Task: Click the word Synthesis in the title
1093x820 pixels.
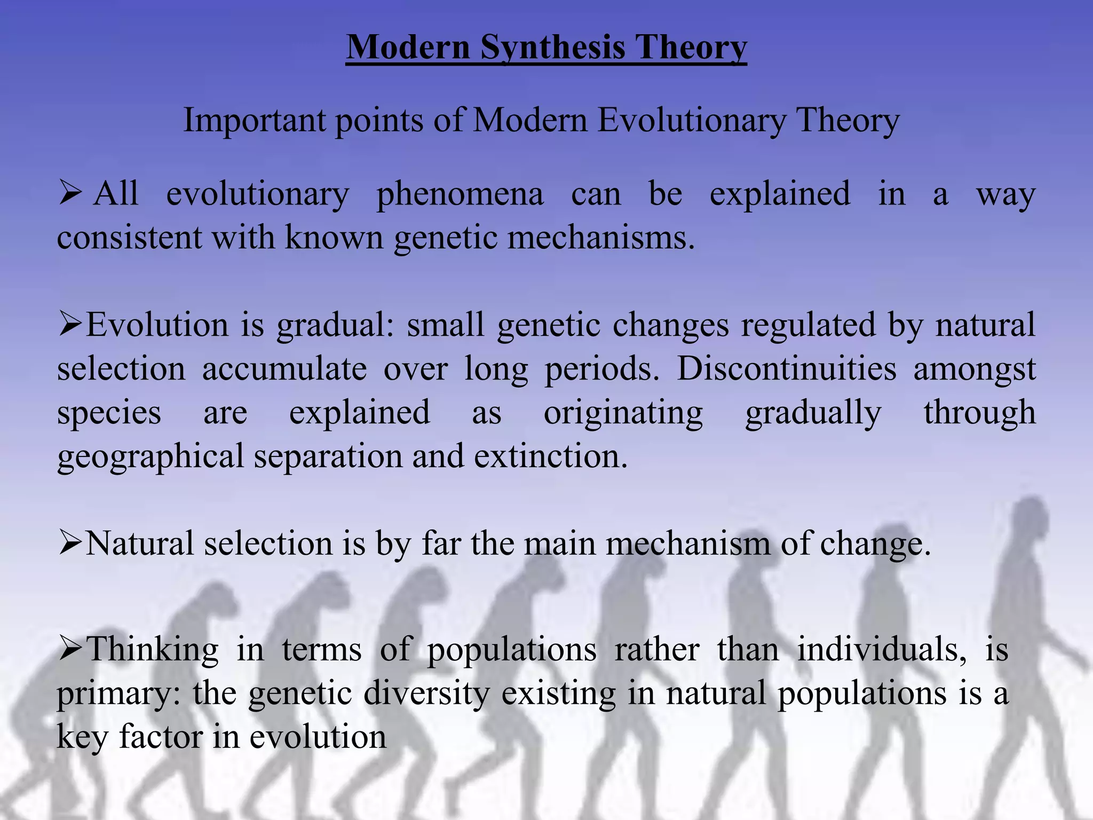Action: click(553, 48)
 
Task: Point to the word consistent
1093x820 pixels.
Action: click(129, 237)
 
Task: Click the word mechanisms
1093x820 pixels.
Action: click(601, 237)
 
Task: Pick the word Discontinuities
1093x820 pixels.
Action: click(786, 368)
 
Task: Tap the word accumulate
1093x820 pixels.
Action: click(284, 368)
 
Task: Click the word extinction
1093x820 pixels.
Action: click(551, 457)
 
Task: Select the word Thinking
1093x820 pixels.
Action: click(152, 650)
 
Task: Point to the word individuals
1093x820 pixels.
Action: click(881, 650)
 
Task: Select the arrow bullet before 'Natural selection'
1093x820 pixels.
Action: click(69, 543)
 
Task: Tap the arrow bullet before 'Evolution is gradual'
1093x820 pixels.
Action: click(69, 325)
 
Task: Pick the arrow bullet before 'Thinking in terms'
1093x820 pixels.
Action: click(69, 649)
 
